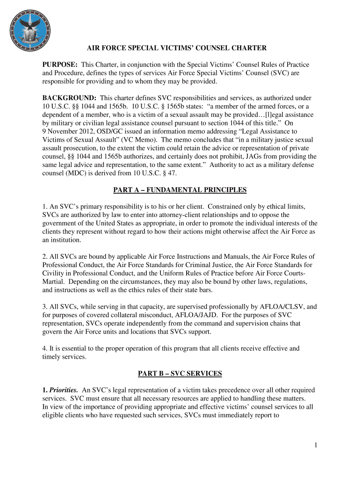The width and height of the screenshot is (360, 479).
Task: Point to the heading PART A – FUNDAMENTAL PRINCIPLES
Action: click(x=180, y=190)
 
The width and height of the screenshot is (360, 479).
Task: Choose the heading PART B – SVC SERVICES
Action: click(x=180, y=373)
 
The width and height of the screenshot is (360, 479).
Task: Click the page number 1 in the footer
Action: click(x=316, y=445)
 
